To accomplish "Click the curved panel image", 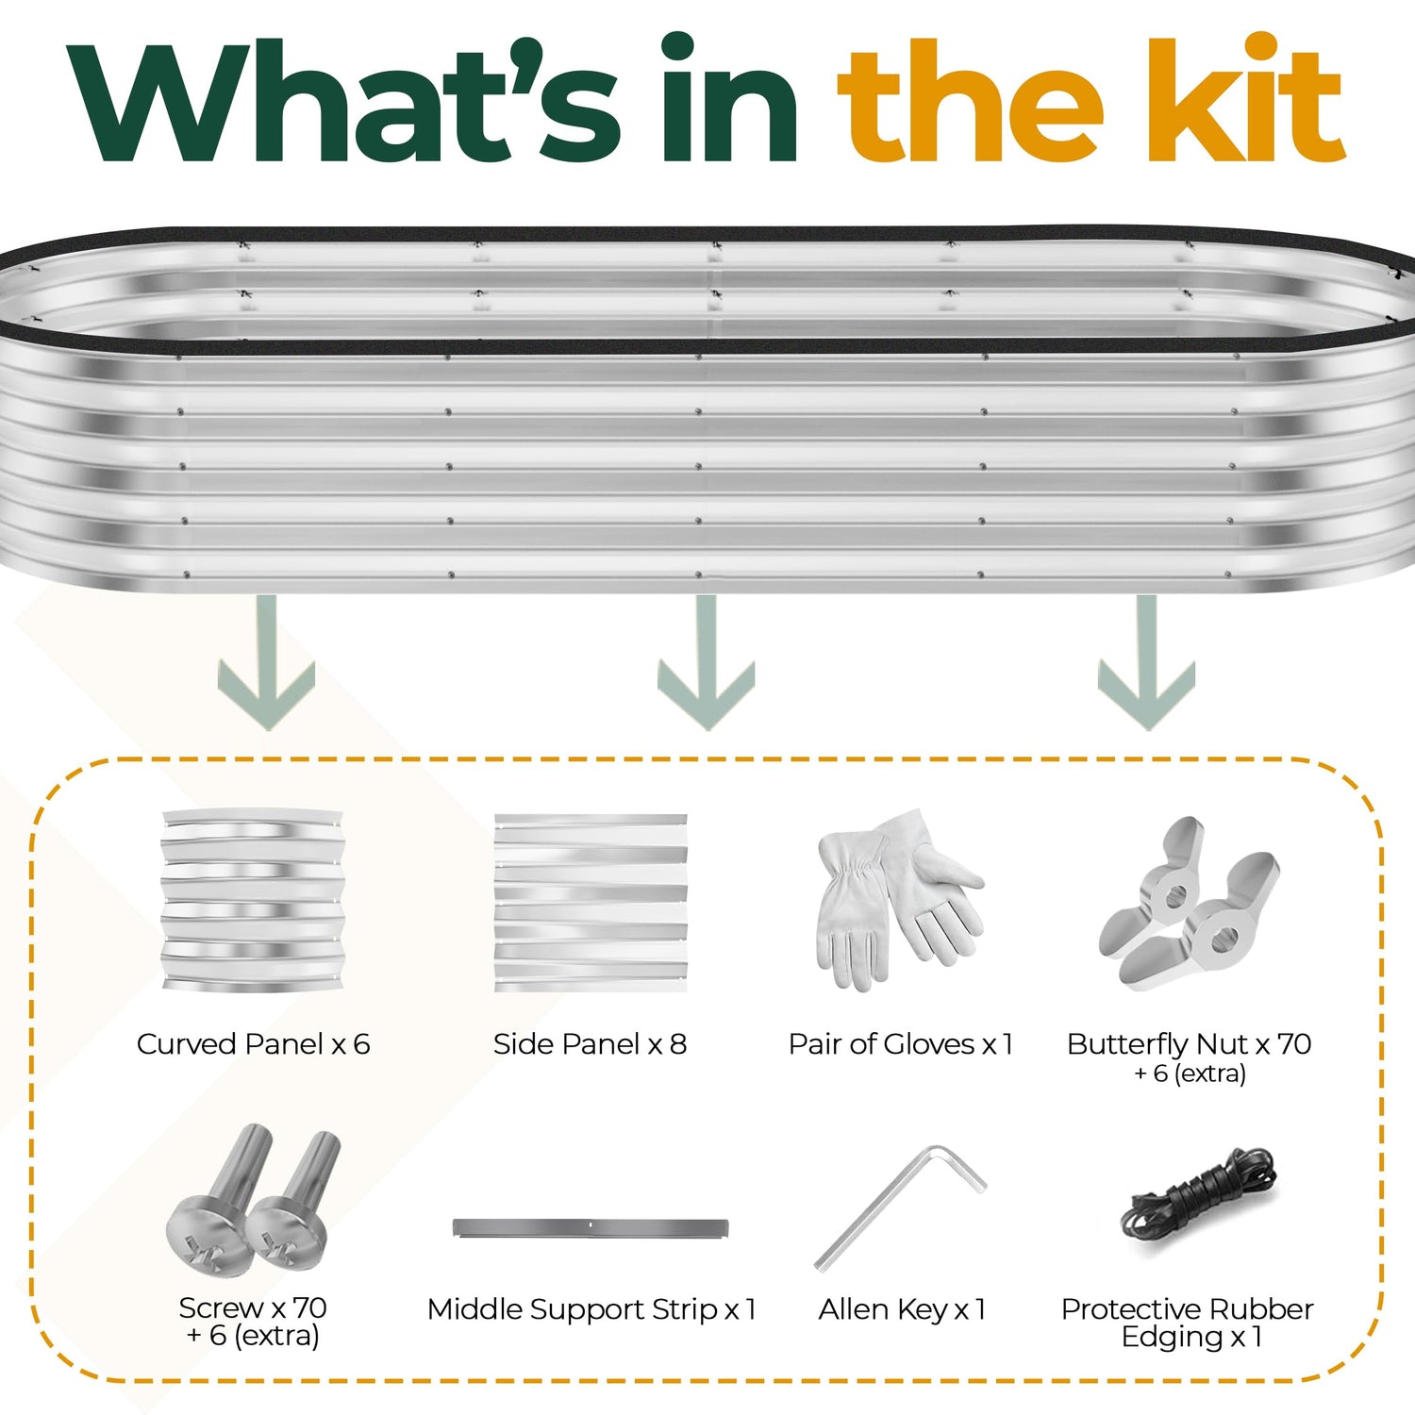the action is tap(253, 900).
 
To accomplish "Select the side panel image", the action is tap(591, 903).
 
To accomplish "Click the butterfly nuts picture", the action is tap(1190, 903).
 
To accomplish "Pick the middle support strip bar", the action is tap(591, 1228).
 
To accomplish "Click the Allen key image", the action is tap(900, 1207).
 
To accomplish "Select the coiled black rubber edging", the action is tap(1198, 1198).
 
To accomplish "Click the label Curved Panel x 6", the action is tap(253, 1044).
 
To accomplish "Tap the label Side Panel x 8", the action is tap(591, 1044).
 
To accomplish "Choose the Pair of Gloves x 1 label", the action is tap(901, 1044).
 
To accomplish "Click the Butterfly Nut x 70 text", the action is tap(1190, 1044).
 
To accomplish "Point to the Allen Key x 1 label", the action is tap(902, 1309).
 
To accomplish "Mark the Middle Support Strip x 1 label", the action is tap(591, 1309).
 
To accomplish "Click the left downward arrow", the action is tap(266, 663).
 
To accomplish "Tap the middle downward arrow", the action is tap(707, 663).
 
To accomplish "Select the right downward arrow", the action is tap(1147, 663).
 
